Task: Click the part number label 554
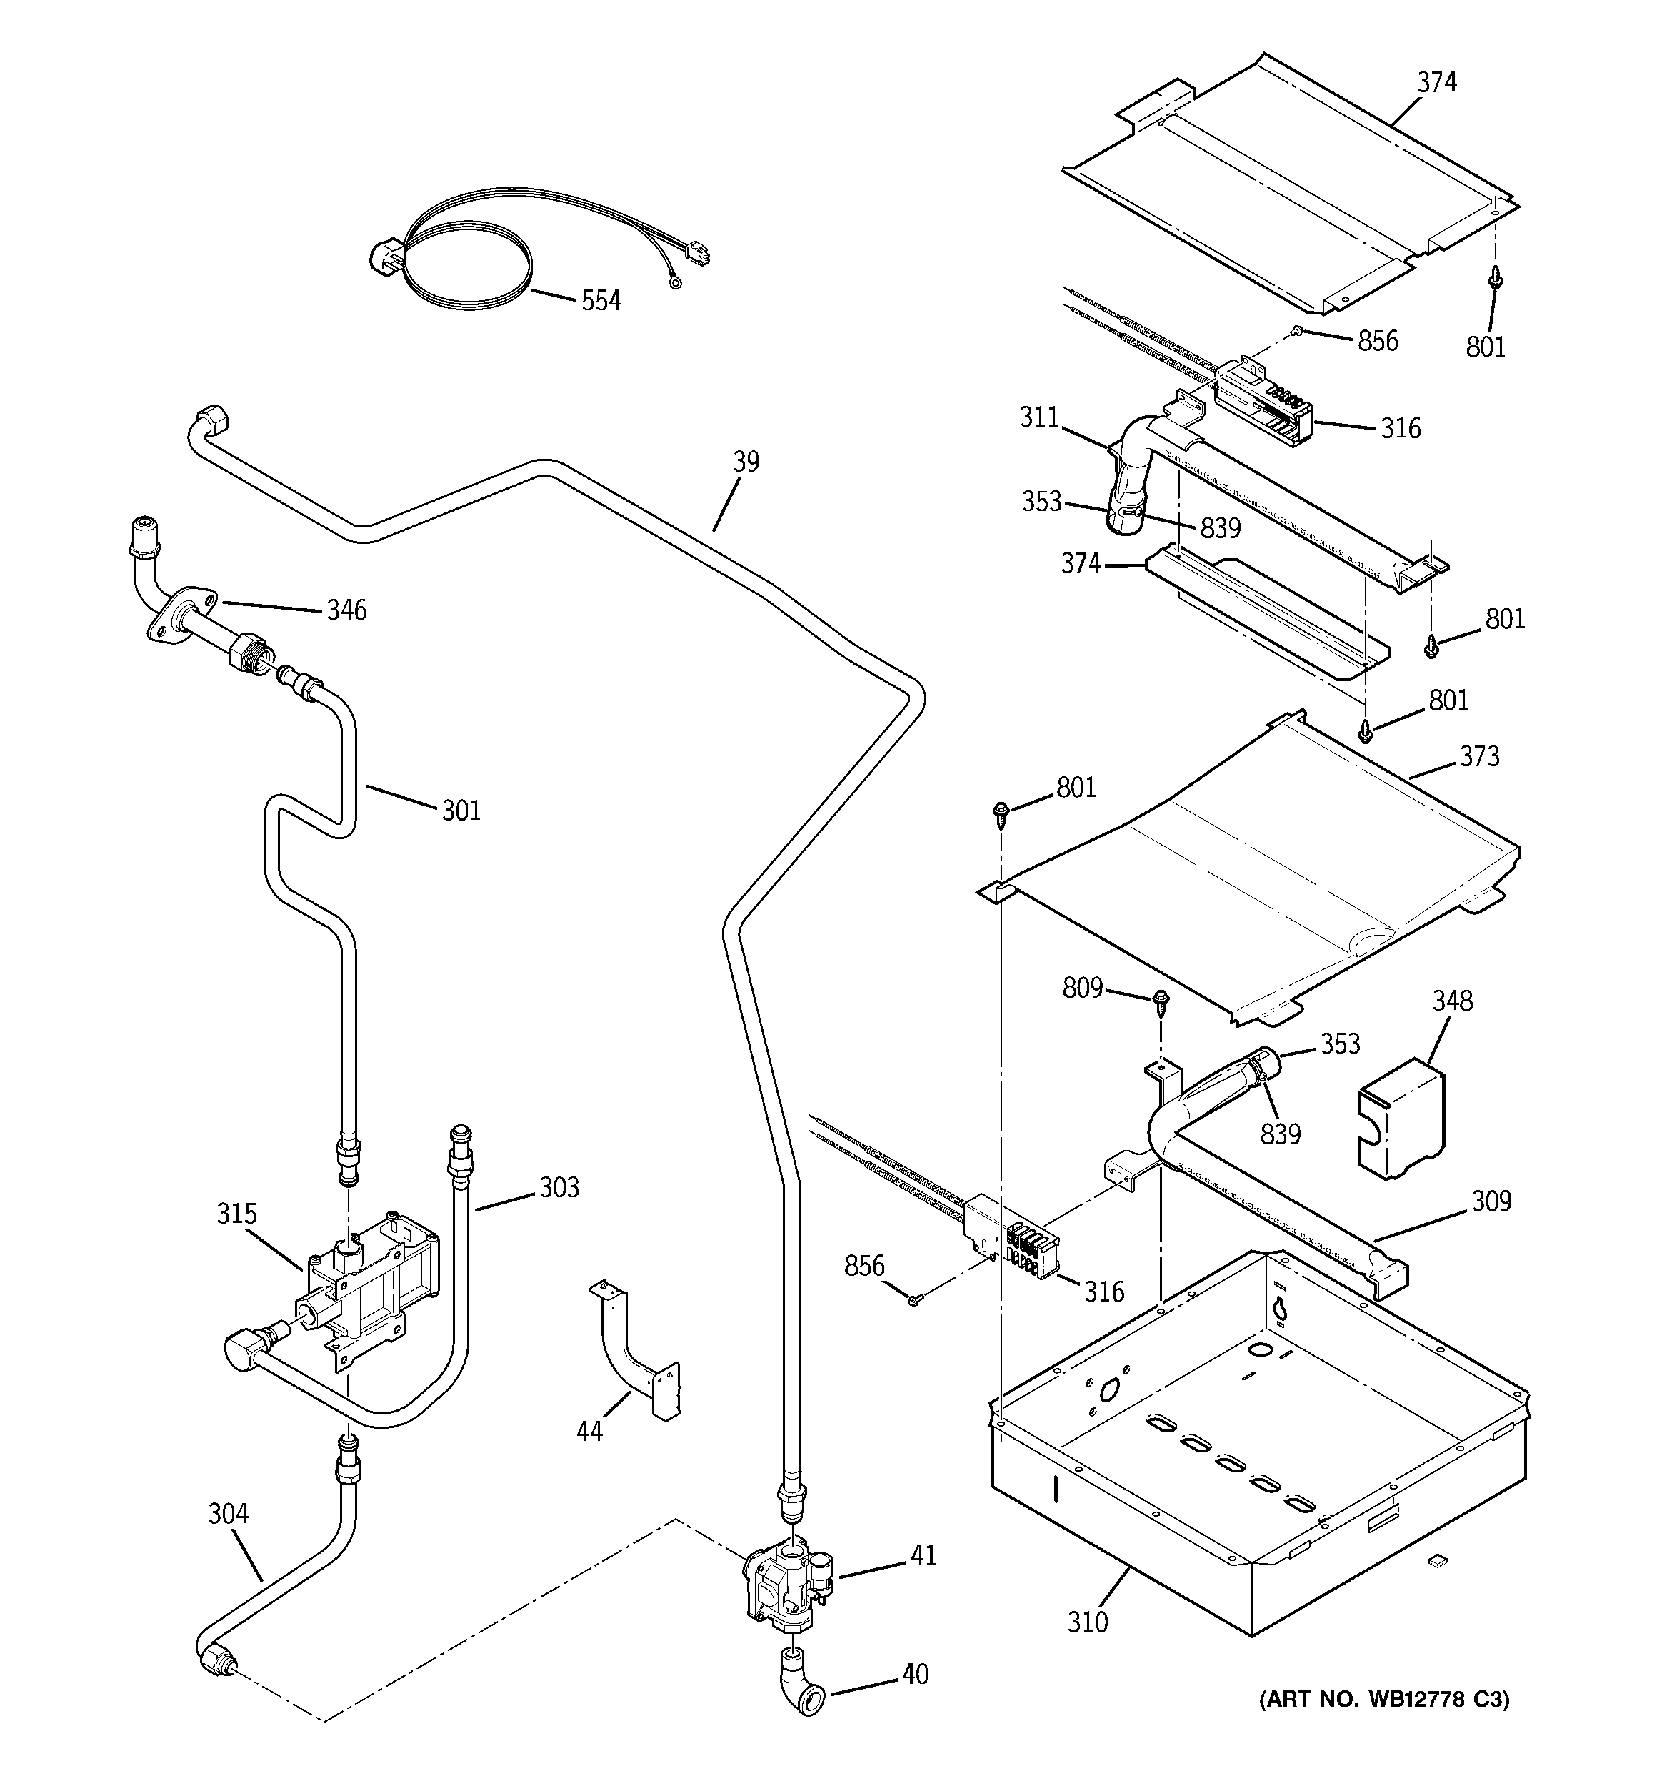pos(601,301)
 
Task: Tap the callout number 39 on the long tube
pos(746,462)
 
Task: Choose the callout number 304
pos(228,1512)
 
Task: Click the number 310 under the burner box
pos(1088,1622)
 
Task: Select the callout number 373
pos(1479,756)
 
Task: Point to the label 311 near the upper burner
pos(1039,417)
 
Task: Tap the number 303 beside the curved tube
pos(559,1187)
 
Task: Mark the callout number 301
pos(461,810)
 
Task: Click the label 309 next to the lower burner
pos(1491,1201)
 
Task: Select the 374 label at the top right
pos(1436,82)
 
